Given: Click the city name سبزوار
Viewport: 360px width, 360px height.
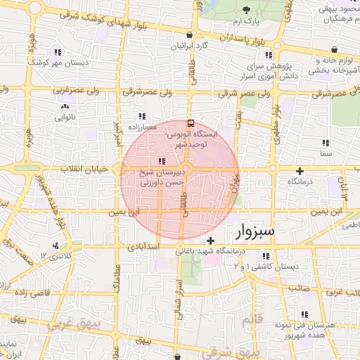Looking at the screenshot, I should (257, 231).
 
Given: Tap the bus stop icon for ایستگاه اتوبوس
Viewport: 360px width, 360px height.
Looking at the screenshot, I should (192, 124).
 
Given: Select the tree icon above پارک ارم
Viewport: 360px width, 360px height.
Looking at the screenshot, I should (246, 9).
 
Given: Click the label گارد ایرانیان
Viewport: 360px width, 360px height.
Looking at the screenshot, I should (191, 46).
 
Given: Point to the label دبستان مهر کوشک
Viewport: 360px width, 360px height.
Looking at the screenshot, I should (57, 63).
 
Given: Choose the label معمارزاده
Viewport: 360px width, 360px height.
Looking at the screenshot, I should (143, 127).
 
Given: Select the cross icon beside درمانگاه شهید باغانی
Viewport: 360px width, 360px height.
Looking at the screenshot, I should (210, 241).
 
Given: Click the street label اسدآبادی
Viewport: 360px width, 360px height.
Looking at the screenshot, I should (144, 247).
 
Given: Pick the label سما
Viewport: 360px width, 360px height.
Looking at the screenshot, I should (324, 153).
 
